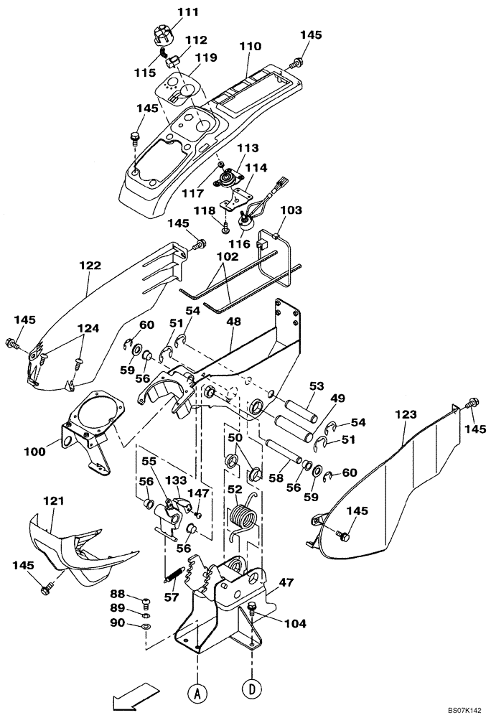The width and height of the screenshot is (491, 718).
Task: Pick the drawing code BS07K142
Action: click(457, 710)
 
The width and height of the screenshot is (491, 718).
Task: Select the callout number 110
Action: click(250, 46)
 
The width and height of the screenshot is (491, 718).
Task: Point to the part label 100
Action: click(35, 452)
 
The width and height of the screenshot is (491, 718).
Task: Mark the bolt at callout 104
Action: click(252, 610)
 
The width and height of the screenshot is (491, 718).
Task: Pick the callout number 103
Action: click(291, 210)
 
